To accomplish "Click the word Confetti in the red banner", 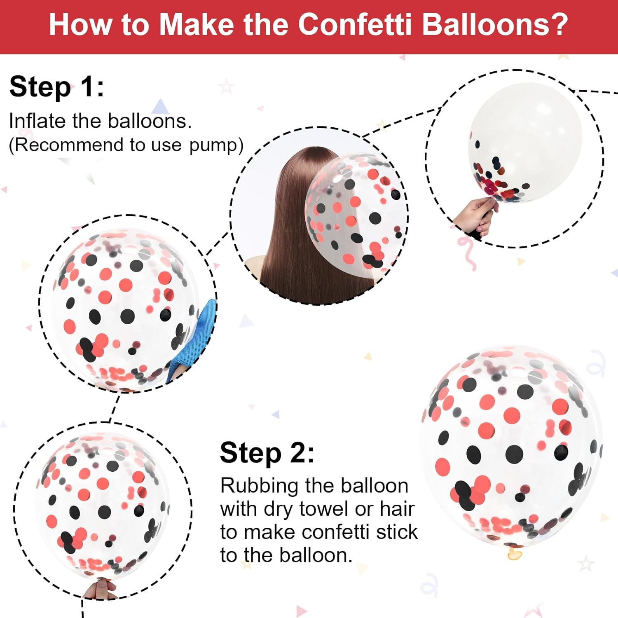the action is (354, 25).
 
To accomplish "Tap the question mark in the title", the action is (559, 25).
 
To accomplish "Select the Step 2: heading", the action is (267, 454).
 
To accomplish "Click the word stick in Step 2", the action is (397, 532).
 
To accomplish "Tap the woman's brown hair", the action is (305, 222).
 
